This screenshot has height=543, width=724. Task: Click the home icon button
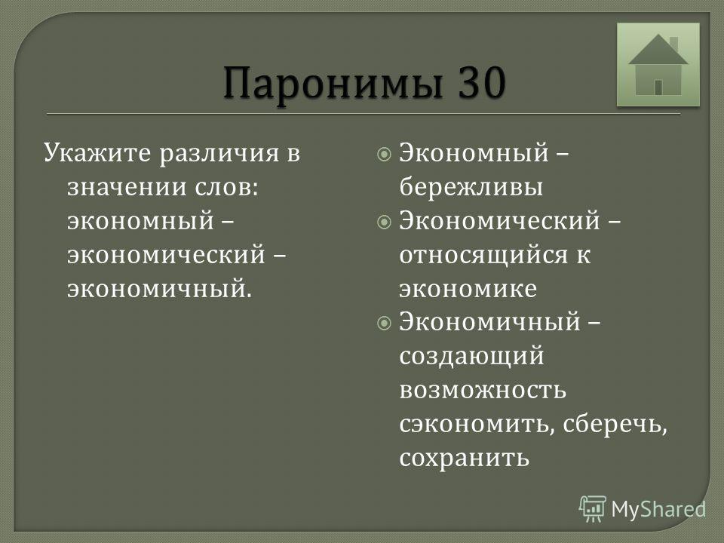coord(658,65)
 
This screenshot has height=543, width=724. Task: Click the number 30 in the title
coord(482,82)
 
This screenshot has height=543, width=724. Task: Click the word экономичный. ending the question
coord(160,289)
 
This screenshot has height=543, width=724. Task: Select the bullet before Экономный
coord(384,154)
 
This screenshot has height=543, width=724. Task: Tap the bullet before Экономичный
coord(384,324)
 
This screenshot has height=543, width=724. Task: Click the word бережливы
coord(471,188)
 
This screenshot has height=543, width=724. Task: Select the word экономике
coord(468,290)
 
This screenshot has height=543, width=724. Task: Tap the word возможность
coord(483,390)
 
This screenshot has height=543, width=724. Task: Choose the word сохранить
coord(464,459)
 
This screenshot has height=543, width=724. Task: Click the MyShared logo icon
coord(593,509)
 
